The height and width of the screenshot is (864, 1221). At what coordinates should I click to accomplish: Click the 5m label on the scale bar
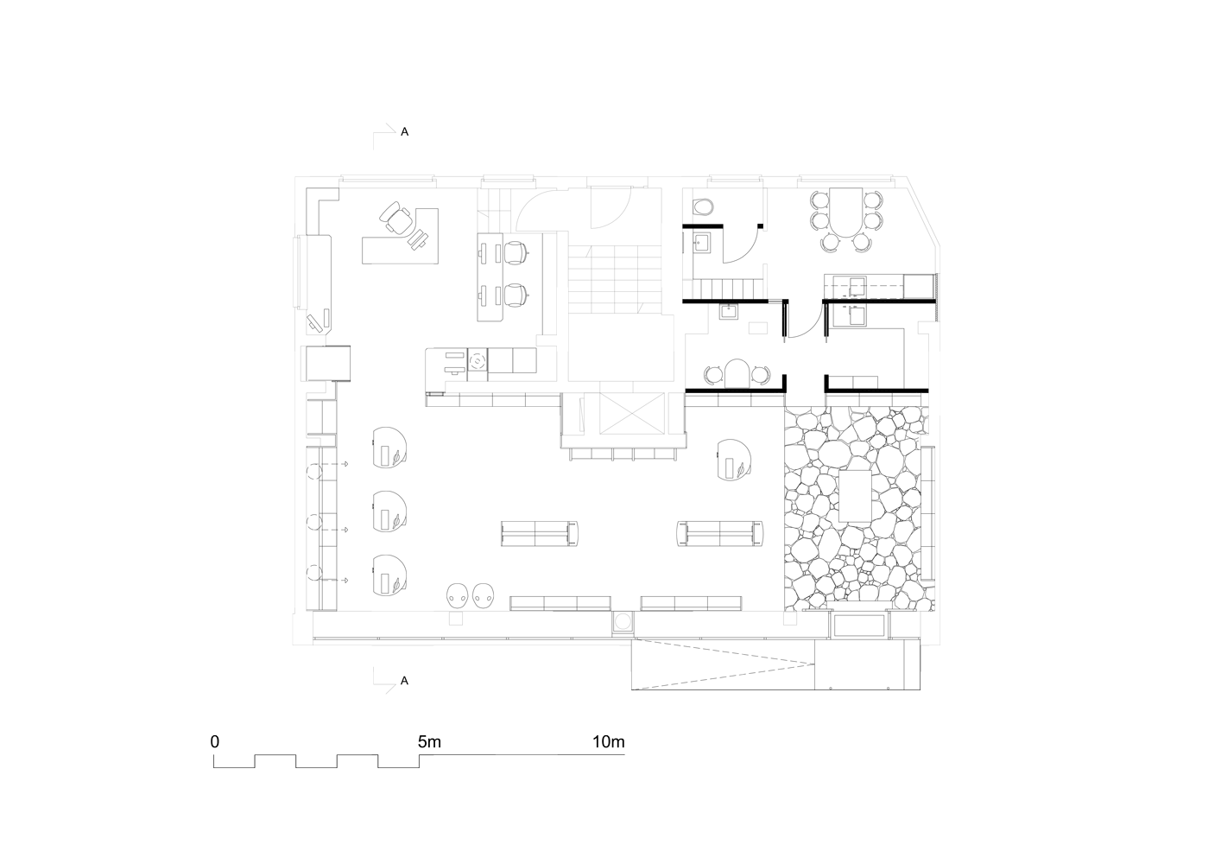click(429, 742)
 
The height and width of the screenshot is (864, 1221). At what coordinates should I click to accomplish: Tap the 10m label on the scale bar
click(608, 742)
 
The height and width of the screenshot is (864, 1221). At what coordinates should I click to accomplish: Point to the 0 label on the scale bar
click(215, 742)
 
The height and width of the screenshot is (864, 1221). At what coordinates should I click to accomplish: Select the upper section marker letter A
click(404, 132)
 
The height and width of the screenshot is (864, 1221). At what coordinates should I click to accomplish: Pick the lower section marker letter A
click(404, 681)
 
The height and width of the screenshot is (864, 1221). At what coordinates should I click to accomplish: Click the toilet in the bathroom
click(703, 207)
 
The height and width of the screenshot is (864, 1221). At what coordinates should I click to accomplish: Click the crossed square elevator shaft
click(632, 413)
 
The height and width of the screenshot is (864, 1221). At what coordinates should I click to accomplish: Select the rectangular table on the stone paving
click(855, 496)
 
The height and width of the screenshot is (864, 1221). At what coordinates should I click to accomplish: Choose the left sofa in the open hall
click(539, 533)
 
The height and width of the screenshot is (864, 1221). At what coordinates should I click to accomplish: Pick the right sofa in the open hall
click(720, 533)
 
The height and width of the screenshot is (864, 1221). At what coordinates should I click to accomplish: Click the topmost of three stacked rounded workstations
click(389, 448)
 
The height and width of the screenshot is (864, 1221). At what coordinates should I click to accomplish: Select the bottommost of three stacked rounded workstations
click(389, 575)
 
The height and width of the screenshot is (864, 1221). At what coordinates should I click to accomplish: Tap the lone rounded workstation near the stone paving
click(734, 460)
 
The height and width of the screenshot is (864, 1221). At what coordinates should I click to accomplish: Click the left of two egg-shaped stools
click(458, 595)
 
